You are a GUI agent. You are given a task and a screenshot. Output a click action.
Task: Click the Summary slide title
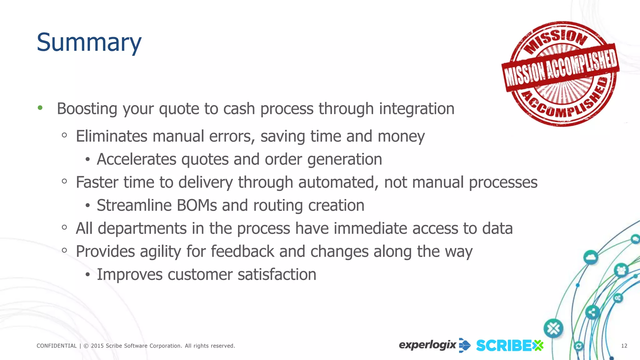point(89,42)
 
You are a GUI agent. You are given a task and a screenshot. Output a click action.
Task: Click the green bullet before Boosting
point(40,108)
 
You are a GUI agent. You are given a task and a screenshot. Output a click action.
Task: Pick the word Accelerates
point(137,159)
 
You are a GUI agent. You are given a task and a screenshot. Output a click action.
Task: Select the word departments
point(142,229)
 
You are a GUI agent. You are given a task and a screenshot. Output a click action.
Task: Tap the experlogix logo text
point(427,345)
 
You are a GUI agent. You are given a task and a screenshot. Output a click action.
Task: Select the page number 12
point(624,346)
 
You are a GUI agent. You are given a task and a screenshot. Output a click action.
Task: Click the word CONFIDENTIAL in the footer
point(57,346)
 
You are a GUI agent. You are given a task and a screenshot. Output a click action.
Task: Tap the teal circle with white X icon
point(553,328)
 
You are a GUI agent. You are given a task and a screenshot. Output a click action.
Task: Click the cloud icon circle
point(590,257)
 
